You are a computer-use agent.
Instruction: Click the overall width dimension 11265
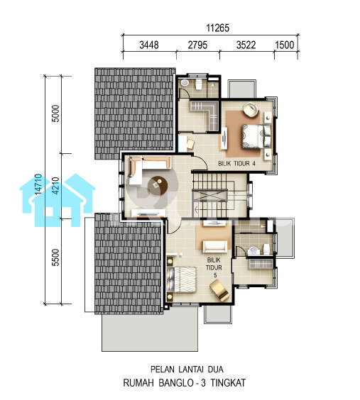point(217,28)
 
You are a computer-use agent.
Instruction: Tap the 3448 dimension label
point(149,45)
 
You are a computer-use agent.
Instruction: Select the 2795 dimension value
point(197,45)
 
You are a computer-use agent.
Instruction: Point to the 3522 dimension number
point(246,45)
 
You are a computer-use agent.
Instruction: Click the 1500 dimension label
point(285,45)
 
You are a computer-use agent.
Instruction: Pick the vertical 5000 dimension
point(55,113)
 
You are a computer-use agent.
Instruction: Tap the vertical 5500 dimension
point(55,257)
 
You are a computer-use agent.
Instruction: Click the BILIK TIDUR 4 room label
point(236,163)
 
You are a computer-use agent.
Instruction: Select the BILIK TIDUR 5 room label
point(214,267)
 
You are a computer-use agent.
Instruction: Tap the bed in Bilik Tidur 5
point(182,279)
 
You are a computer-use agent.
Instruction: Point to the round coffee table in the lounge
point(158,185)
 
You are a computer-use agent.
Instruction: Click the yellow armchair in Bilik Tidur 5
point(219,291)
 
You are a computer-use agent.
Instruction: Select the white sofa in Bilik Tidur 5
point(214,246)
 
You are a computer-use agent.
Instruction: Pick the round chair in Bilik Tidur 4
point(251,110)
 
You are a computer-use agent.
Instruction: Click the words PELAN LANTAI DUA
point(187,369)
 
